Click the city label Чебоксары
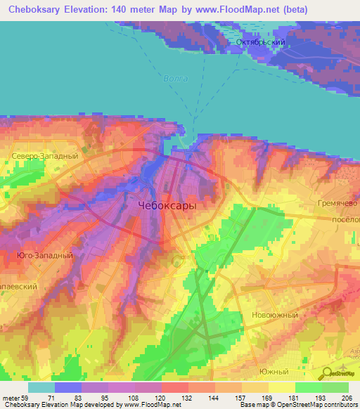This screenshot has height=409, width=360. pos(165,206)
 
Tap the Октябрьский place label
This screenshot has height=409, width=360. pos(260,43)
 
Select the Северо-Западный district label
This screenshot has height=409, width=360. pos(39,155)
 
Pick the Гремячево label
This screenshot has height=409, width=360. pos(333,202)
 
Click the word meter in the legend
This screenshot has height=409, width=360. pos(13,397)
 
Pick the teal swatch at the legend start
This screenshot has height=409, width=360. pos(41,387)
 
